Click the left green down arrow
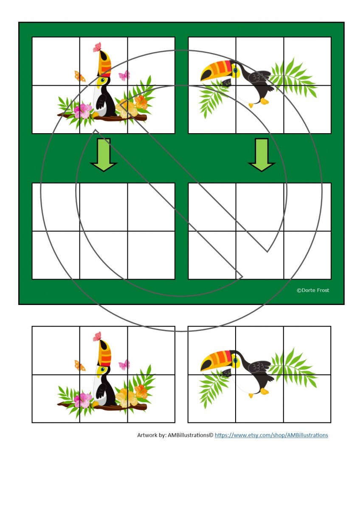coord(104,155)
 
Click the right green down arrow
coord(262,155)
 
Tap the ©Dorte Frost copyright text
coord(313,290)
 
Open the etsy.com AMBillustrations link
coord(271,435)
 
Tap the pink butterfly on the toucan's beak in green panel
coord(97,47)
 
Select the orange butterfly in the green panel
coord(80,76)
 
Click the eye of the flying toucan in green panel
coord(235,70)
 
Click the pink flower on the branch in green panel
coord(84,111)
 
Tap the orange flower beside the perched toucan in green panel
coord(141,102)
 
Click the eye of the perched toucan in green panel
coord(103,80)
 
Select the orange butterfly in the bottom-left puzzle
coord(80,366)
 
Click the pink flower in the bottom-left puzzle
coord(84,400)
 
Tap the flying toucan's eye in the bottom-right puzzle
coord(235,359)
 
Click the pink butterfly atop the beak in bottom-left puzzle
coord(97,336)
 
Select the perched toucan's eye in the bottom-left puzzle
coord(103,369)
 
